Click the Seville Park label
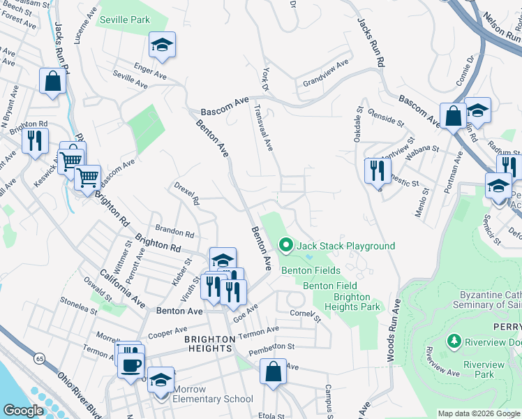coord(126,20)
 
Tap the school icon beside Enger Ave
coord(162,46)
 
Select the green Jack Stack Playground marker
coord(285,245)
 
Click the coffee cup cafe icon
coord(131,365)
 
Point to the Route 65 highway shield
coord(37,358)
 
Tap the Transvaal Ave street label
coord(264,128)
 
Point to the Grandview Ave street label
coord(325,74)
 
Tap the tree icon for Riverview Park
coord(454,341)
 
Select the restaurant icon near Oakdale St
coord(375,170)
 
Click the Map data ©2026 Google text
coord(478,413)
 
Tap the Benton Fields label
coord(311,270)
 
